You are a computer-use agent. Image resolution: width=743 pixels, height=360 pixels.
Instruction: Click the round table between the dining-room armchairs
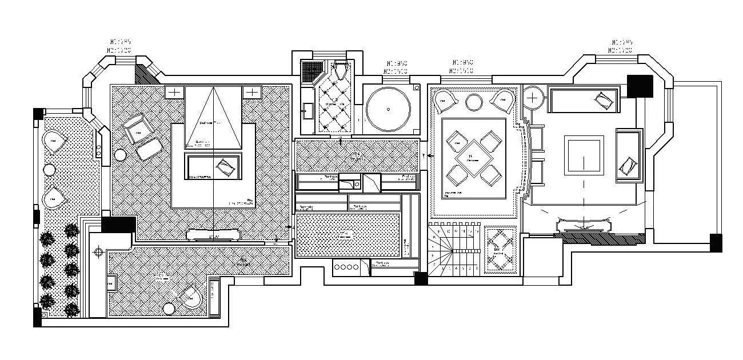474,102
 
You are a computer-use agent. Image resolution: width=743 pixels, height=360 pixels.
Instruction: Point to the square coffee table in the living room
584,155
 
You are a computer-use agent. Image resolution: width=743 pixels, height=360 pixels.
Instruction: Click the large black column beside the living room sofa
639,86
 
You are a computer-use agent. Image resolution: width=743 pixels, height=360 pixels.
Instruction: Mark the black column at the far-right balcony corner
716,242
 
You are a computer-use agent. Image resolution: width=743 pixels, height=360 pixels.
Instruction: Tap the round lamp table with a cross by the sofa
533,97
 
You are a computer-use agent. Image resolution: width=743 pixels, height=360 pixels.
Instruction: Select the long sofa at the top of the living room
584,101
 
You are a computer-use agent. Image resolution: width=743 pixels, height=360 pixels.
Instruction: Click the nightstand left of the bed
175,92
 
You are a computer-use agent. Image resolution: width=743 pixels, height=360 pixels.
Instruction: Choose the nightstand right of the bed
251,92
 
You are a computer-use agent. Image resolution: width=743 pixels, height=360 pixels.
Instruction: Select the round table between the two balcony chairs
49,170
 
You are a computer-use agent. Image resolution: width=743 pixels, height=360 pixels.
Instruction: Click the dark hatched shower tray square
311,71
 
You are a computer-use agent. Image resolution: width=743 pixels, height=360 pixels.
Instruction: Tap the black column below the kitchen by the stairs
421,278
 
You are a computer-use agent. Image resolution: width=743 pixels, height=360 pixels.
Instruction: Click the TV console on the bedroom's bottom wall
214,235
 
